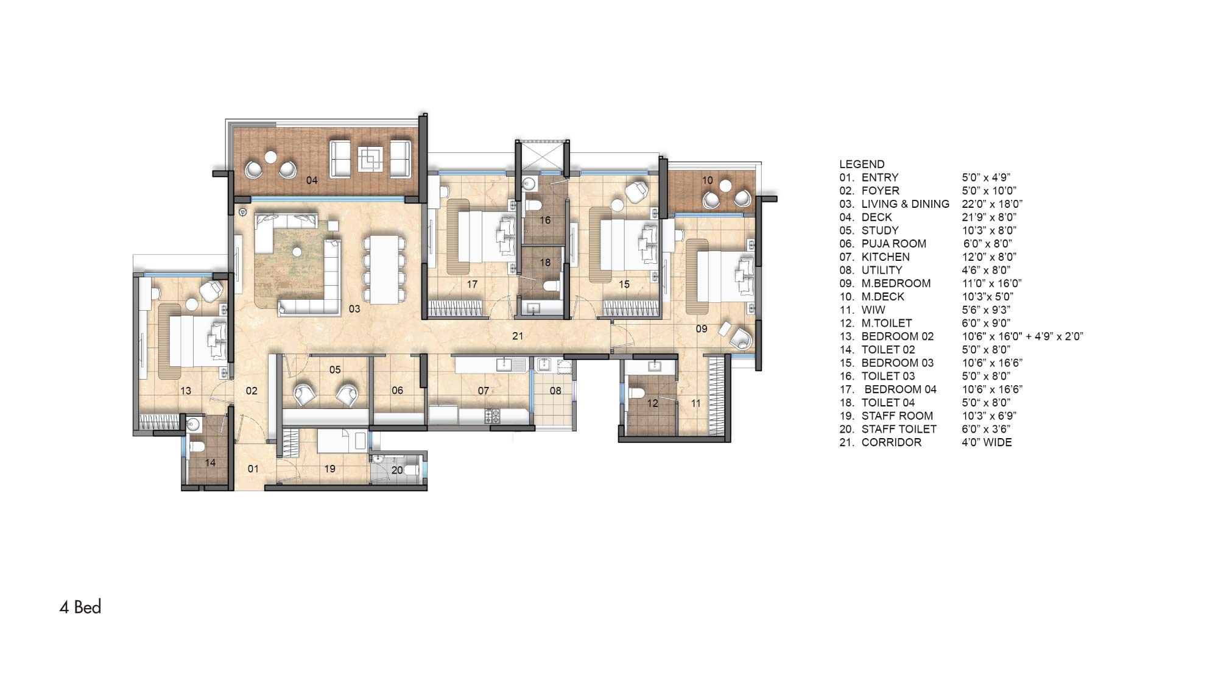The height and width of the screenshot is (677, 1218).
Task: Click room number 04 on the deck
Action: pyautogui.click(x=312, y=180)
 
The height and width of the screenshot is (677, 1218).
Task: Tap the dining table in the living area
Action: pyautogui.click(x=384, y=269)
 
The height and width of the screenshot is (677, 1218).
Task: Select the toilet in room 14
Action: pyautogui.click(x=196, y=447)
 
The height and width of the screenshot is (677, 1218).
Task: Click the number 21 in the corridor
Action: pyautogui.click(x=518, y=336)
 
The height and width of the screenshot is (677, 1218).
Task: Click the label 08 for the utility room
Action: pyautogui.click(x=555, y=391)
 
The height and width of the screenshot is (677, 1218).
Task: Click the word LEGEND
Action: pyautogui.click(x=862, y=164)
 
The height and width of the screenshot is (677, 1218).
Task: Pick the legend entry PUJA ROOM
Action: pyautogui.click(x=894, y=244)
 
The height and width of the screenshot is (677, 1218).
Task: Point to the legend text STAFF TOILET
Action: pyautogui.click(x=899, y=429)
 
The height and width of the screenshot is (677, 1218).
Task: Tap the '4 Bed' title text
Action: pyautogui.click(x=80, y=608)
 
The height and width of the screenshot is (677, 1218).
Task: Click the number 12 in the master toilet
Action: pyautogui.click(x=652, y=403)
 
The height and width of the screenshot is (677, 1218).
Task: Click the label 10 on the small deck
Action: pyautogui.click(x=707, y=180)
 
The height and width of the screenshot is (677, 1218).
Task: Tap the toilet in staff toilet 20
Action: pyautogui.click(x=410, y=470)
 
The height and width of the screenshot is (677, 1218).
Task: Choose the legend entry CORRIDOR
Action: pyautogui.click(x=892, y=442)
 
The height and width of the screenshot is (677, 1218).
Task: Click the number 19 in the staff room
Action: pyautogui.click(x=329, y=469)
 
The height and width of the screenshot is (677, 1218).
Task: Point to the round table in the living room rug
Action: pyautogui.click(x=297, y=250)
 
